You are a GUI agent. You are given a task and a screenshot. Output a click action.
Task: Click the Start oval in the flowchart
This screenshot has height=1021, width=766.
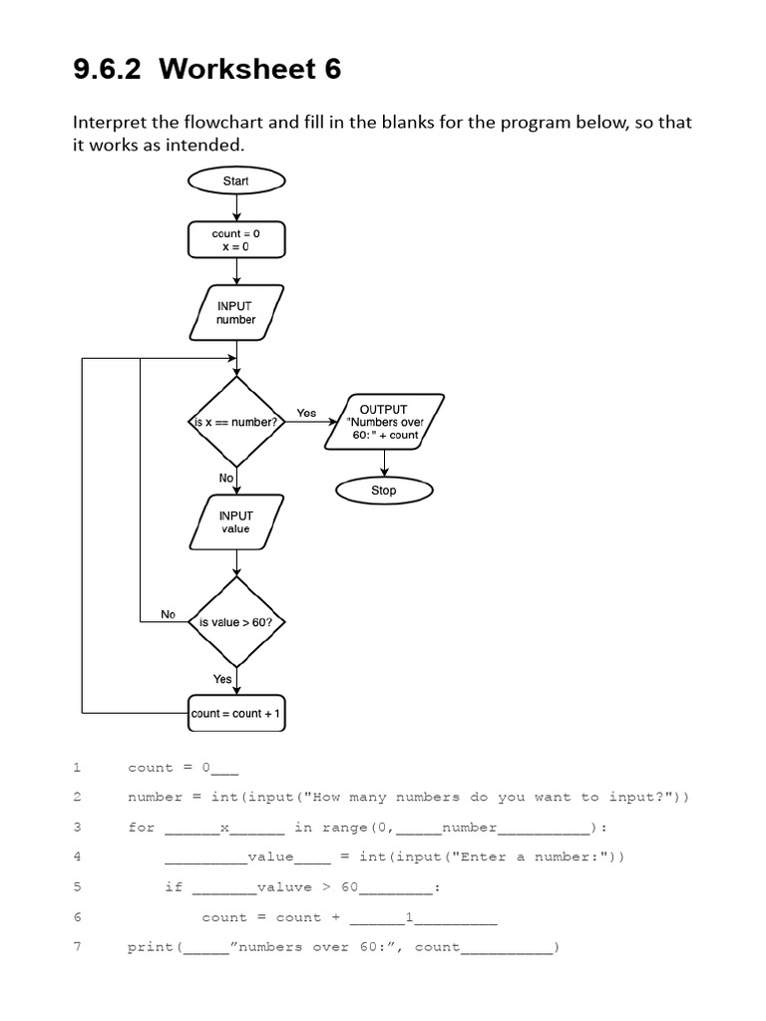(236, 180)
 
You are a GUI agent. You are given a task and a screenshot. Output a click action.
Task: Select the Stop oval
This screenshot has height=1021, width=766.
(384, 491)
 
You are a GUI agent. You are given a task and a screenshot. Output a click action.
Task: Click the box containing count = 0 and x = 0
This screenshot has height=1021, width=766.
(236, 240)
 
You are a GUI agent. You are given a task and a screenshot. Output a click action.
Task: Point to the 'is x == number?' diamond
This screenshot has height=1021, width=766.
(236, 422)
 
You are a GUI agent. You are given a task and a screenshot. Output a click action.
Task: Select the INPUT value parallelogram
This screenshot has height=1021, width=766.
(236, 522)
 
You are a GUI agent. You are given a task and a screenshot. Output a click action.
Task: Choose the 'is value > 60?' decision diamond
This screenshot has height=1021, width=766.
(236, 622)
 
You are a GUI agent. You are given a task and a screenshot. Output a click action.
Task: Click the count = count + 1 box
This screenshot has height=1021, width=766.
(236, 714)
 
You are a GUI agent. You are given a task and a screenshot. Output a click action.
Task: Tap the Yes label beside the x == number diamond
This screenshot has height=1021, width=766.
(306, 413)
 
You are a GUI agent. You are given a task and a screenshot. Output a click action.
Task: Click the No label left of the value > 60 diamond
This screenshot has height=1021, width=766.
(169, 615)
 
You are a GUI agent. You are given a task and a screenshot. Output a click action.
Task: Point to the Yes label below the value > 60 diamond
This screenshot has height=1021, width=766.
(222, 679)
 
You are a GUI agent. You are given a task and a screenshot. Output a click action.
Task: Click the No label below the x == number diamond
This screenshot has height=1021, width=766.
(226, 479)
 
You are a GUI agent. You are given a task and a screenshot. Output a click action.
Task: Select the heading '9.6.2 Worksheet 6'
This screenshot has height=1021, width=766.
(207, 69)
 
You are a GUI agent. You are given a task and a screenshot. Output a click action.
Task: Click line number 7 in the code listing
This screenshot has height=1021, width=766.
(76, 947)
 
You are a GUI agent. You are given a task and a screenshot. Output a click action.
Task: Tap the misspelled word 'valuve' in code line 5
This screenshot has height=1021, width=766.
(283, 887)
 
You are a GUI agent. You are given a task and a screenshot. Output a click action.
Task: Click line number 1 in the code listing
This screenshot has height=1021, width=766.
(76, 768)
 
